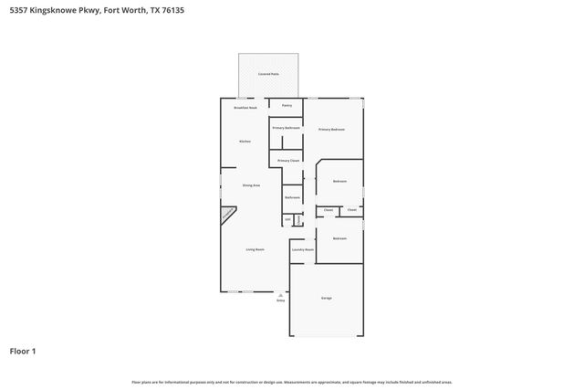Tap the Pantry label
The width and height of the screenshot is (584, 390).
coord(287,106)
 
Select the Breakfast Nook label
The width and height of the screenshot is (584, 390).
coord(245,108)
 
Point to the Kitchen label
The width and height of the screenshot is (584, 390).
coord(245,142)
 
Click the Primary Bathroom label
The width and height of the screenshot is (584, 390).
coord(287,128)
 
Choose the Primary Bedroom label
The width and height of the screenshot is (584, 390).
coord(331,130)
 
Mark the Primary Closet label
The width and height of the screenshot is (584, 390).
coord(288,160)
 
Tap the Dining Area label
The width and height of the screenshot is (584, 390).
coord(251,185)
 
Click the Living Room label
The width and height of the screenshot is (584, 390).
coord(255,249)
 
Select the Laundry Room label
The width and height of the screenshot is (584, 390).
coord(303,249)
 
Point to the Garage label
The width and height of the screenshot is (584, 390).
coord(326,299)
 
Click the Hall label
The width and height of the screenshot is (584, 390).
coord(287,220)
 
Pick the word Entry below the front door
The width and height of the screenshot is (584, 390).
coord(281,300)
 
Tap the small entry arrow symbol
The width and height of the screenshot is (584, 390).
coord(281,295)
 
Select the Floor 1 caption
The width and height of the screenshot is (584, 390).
coord(23,351)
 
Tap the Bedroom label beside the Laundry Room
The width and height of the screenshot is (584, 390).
coord(339,238)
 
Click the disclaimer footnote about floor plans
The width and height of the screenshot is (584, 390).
coord(291,382)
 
